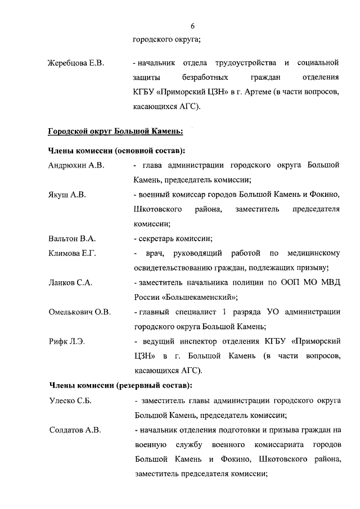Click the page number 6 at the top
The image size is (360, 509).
click(x=192, y=26)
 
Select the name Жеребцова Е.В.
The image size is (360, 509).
click(x=76, y=61)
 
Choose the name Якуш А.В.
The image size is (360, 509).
click(x=67, y=195)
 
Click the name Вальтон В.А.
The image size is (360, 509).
click(x=72, y=238)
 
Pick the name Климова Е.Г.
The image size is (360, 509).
click(x=72, y=253)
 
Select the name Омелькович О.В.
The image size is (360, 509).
click(x=79, y=312)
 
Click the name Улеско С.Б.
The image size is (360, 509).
click(x=70, y=401)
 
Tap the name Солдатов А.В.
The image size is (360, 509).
click(x=75, y=430)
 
